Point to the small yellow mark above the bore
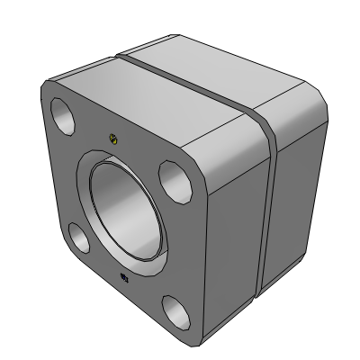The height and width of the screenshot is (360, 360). pyautogui.click(x=112, y=138)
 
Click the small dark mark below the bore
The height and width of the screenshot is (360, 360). pyautogui.click(x=123, y=276)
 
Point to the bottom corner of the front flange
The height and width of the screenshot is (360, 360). pyautogui.click(x=196, y=342)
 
